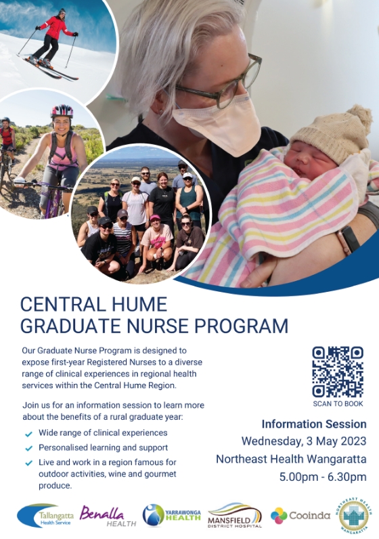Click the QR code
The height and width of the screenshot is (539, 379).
pyautogui.click(x=338, y=372)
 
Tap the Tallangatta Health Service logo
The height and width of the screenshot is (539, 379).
pyautogui.click(x=45, y=515)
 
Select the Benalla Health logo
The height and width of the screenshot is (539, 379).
pyautogui.click(x=108, y=516)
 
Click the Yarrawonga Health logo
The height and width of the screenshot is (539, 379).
pyautogui.click(x=171, y=515)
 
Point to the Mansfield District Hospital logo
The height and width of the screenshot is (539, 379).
pyautogui.click(x=235, y=515)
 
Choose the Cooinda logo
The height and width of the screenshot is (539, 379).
pyautogui.click(x=300, y=515)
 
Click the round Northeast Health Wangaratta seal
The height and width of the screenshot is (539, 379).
pyautogui.click(x=353, y=515)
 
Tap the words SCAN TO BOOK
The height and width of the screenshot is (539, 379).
pyautogui.click(x=338, y=404)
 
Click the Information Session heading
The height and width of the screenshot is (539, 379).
pyautogui.click(x=314, y=424)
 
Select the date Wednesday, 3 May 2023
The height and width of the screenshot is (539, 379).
pyautogui.click(x=304, y=441)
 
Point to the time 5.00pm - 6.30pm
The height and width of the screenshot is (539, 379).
pyautogui.click(x=323, y=477)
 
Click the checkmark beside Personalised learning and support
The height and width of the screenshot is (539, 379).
pyautogui.click(x=29, y=448)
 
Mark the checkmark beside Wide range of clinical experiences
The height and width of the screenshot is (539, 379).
pyautogui.click(x=29, y=434)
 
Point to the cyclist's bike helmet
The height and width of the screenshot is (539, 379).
pyautogui.click(x=62, y=111)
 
